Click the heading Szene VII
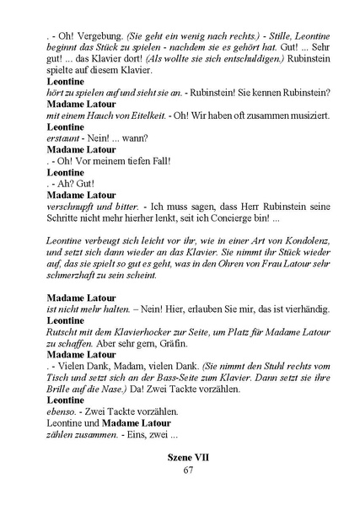pyautogui.click(x=188, y=454)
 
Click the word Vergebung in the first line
pyautogui.click(x=93, y=37)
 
